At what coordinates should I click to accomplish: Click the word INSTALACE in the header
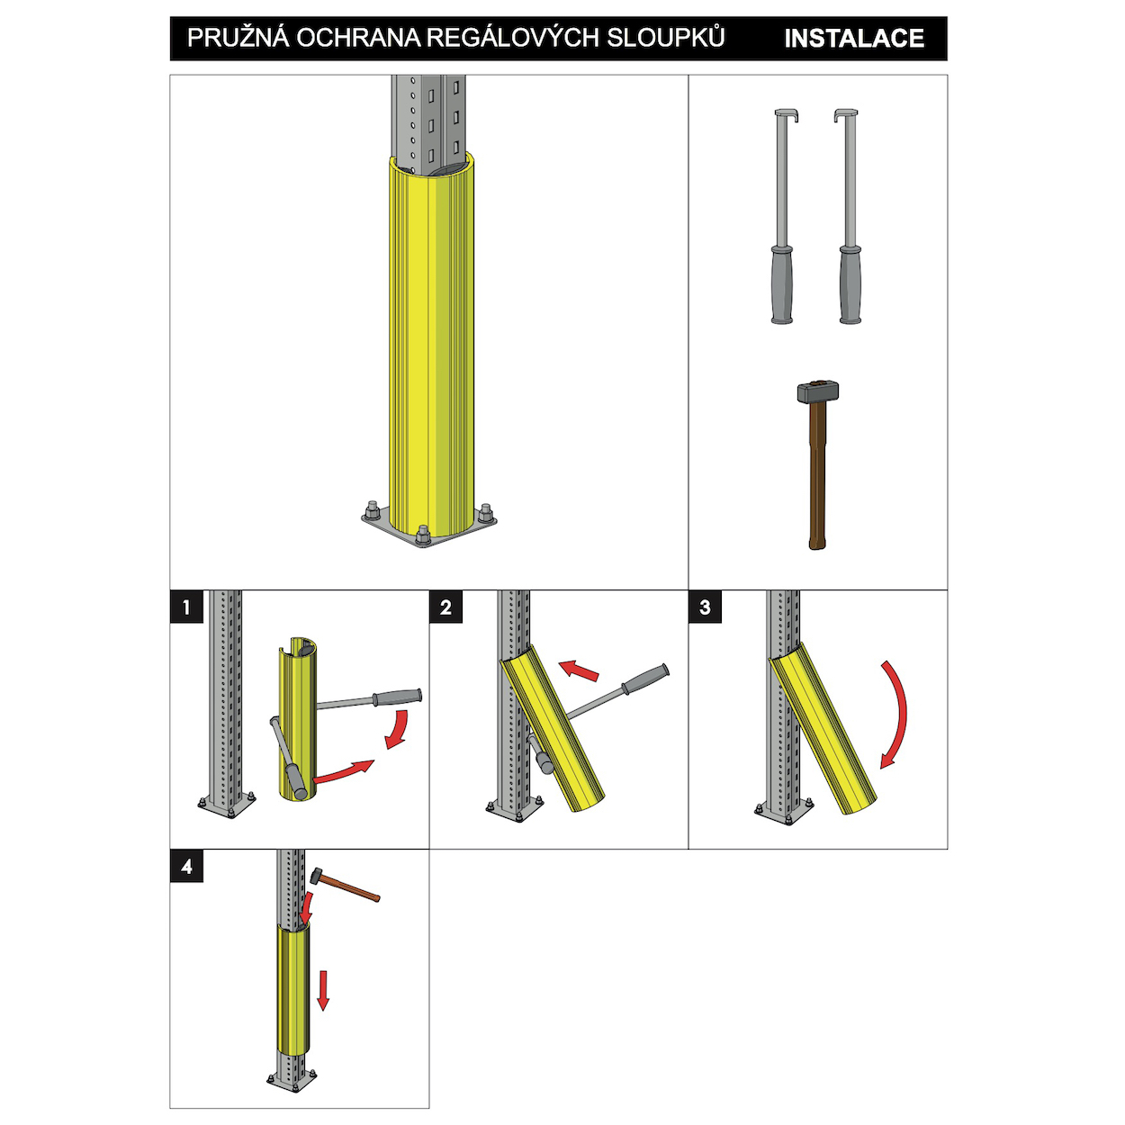[x=853, y=39]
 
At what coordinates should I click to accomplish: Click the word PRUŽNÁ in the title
[x=238, y=38]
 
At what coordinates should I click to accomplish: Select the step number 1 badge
[x=186, y=607]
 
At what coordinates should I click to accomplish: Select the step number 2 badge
[x=446, y=607]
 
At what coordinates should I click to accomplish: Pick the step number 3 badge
[x=705, y=607]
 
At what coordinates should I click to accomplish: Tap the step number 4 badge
[x=186, y=867]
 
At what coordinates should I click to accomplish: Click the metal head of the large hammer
[x=818, y=391]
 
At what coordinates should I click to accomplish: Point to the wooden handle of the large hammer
[x=817, y=476]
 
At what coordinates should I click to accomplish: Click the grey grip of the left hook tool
[x=782, y=284]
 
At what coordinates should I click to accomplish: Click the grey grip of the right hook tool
[x=850, y=284]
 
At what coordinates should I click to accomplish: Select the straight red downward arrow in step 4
[x=323, y=990]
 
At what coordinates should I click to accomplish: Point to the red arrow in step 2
[x=579, y=670]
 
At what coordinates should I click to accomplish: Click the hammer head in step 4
[x=316, y=876]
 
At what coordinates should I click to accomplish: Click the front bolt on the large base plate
[x=423, y=535]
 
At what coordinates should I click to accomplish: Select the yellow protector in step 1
[x=298, y=719]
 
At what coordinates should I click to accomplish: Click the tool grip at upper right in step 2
[x=645, y=679]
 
